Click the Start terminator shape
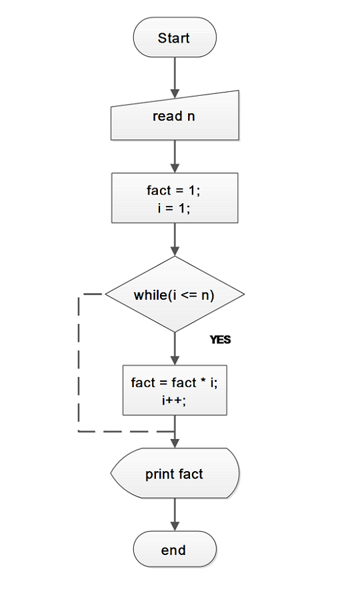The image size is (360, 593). click(175, 38)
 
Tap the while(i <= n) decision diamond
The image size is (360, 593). click(175, 295)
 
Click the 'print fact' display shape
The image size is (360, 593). click(175, 474)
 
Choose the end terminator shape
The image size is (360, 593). click(175, 550)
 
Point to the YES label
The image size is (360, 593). click(220, 340)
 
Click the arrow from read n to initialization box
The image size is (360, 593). click(175, 156)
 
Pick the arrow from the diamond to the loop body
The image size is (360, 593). click(175, 348)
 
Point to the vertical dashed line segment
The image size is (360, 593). click(79, 363)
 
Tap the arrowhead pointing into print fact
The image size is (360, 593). click(175, 443)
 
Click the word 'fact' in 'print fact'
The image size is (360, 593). click(191, 474)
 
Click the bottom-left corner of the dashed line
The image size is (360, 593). click(79, 431)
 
